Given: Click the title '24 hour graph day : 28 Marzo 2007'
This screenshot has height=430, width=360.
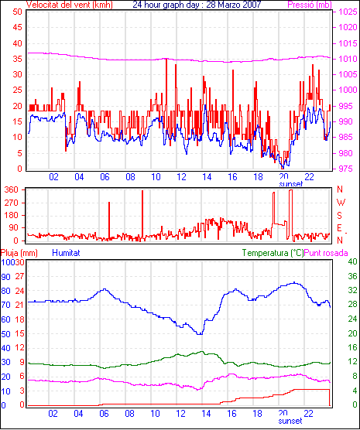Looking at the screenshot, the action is coord(197,5).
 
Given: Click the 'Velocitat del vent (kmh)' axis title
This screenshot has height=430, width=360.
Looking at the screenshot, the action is coord(70,5).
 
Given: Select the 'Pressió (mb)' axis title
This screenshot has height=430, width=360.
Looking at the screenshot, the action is coord(310,5).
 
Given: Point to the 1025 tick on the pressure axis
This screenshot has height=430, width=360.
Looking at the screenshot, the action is coord(348,12).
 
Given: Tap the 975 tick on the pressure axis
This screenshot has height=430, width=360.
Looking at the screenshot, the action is coord(348,169).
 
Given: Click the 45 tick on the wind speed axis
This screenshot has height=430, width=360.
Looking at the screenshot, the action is coord(17,27).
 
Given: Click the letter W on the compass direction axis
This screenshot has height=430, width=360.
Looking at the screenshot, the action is coord(341,203).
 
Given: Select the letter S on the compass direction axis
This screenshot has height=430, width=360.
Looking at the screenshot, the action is coord(339,216).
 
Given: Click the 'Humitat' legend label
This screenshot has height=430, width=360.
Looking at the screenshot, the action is coord(66,253).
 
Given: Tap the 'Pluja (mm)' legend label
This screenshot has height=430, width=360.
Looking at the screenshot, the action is coord(19,253).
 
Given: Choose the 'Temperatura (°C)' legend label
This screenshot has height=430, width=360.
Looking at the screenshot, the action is coord(273,253).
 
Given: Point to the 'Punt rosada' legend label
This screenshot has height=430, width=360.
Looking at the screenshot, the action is coord(326,253).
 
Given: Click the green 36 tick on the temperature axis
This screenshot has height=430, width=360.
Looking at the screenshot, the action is coord(352,276).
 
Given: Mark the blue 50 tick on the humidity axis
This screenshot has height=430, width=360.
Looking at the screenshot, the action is coord(5,334).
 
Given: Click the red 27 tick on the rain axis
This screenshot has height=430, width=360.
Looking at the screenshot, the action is coord(19,276).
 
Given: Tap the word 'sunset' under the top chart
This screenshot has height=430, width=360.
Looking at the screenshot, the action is coord(291,184).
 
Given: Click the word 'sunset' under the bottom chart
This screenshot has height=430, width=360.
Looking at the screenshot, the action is coord(290,421).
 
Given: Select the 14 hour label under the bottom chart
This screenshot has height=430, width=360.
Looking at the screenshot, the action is coord(206,414).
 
